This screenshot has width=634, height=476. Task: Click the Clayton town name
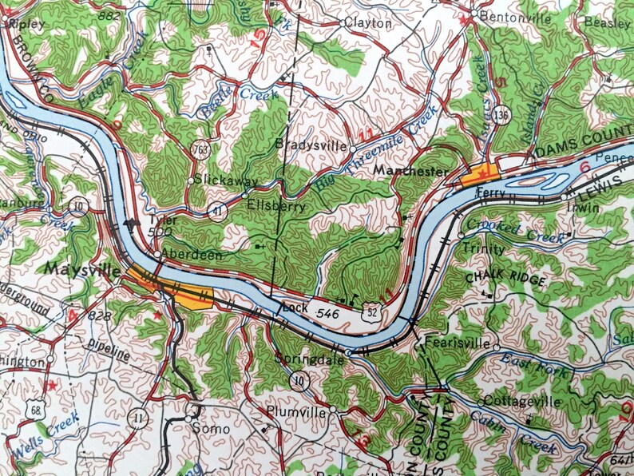tap(372, 23)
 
